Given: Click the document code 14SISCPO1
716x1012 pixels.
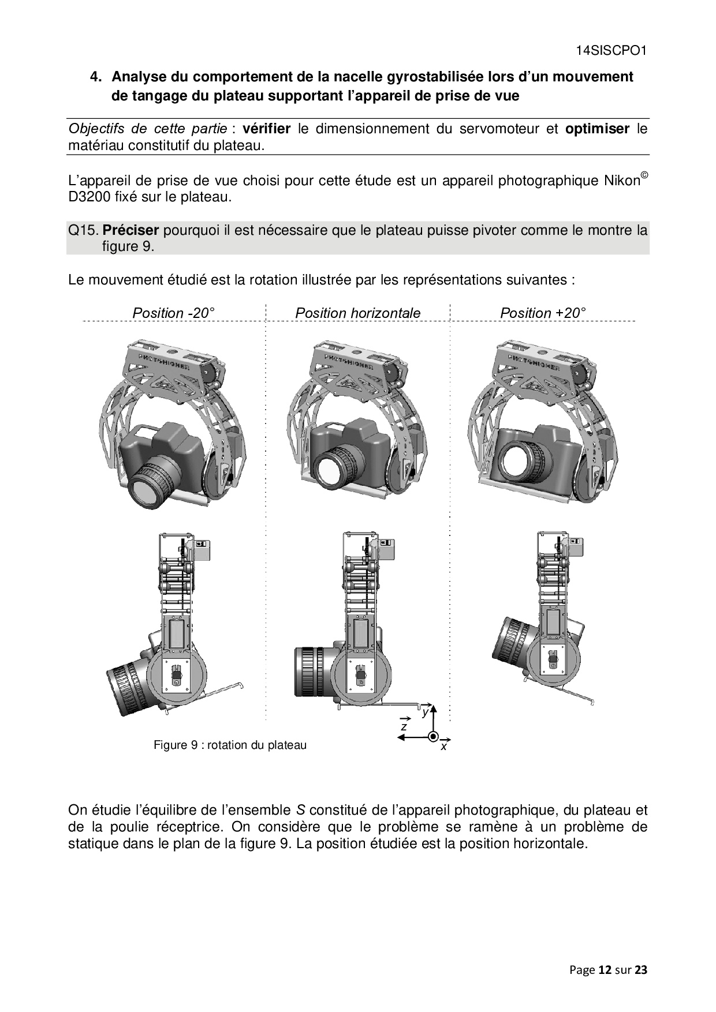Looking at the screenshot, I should pyautogui.click(x=611, y=51).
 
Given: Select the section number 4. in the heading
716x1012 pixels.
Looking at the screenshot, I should pyautogui.click(x=96, y=77).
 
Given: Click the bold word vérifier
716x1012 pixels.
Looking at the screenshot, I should pyautogui.click(x=266, y=129).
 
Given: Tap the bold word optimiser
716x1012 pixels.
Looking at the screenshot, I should pyautogui.click(x=597, y=129).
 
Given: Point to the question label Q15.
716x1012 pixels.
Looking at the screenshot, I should pyautogui.click(x=83, y=230).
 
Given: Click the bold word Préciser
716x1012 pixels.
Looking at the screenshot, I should pyautogui.click(x=130, y=230).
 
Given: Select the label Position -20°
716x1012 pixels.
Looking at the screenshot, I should pyautogui.click(x=173, y=313).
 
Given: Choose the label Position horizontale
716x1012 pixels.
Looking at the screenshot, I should pyautogui.click(x=358, y=313).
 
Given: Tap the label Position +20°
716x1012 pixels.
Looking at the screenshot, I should pyautogui.click(x=543, y=313).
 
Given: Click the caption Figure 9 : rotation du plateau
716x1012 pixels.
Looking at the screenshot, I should pyautogui.click(x=230, y=745).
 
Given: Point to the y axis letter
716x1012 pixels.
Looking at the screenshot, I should pyautogui.click(x=426, y=712).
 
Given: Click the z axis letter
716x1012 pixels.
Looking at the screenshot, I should pyautogui.click(x=404, y=726).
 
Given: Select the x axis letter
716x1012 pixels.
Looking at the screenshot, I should pyautogui.click(x=443, y=747).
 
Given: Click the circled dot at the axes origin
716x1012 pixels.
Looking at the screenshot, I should pyautogui.click(x=432, y=737).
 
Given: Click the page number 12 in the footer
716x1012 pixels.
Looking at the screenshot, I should pyautogui.click(x=605, y=970).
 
